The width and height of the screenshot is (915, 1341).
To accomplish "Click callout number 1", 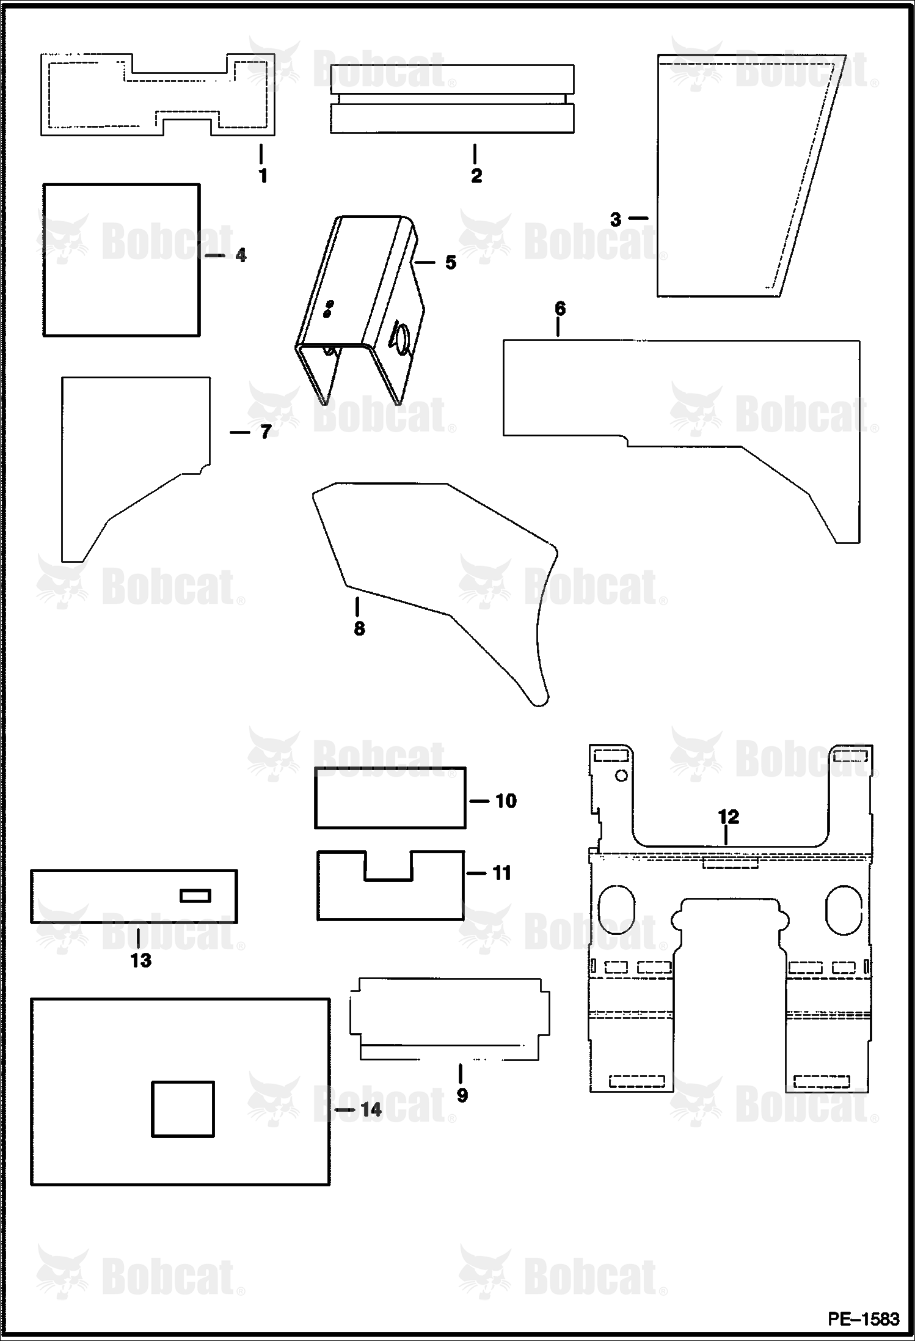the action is (263, 176).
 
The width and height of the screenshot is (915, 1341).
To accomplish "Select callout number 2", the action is (476, 176).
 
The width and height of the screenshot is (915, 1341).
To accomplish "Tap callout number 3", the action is (616, 219).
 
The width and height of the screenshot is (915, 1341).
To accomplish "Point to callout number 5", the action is (451, 262).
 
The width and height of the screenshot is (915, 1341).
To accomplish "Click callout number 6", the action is (560, 309).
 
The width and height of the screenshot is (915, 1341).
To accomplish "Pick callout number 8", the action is (359, 628).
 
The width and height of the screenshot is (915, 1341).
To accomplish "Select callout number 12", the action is (729, 817).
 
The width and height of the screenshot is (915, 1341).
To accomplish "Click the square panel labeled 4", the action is (122, 260).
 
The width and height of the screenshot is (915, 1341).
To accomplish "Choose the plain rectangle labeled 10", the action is (390, 798).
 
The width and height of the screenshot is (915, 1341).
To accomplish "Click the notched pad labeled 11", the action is (390, 898).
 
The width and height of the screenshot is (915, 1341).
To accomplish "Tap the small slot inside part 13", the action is (195, 896).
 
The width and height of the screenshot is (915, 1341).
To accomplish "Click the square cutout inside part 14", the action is (183, 1109).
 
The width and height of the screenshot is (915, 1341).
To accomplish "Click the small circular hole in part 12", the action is (621, 776).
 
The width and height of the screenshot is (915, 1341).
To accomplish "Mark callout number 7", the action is (265, 432).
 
